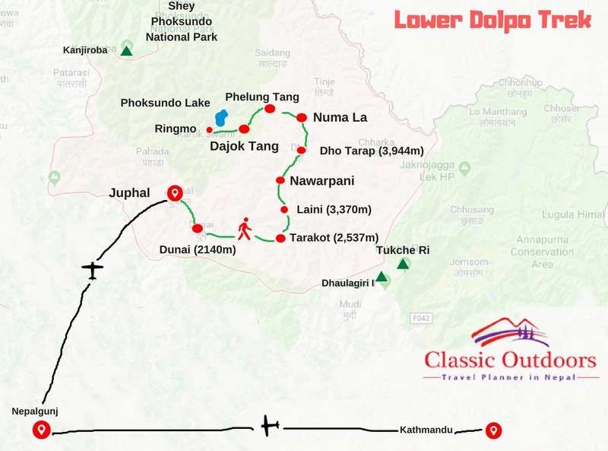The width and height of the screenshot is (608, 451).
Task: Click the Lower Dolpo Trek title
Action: tap(492, 20)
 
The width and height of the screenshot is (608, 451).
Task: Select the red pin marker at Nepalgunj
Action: tap(42, 430)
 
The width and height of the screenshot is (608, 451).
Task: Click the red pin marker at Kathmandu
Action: tap(493, 430)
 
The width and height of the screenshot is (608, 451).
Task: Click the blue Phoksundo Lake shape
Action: tap(221, 119)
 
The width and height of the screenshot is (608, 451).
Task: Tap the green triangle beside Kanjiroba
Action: tap(127, 51)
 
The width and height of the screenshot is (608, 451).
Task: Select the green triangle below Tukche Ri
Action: tap(404, 264)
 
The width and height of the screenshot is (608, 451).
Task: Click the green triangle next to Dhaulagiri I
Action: tap(382, 277)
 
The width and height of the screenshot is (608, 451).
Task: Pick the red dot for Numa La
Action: tap(302, 118)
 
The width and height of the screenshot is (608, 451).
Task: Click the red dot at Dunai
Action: tap(198, 228)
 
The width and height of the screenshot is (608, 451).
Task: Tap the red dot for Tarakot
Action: tap(280, 239)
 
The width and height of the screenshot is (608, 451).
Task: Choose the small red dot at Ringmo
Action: tap(209, 129)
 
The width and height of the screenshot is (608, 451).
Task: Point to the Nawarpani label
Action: tap(322, 181)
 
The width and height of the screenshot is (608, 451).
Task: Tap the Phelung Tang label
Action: tap(262, 97)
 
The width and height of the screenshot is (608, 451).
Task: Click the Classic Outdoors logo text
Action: tap(499, 358)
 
